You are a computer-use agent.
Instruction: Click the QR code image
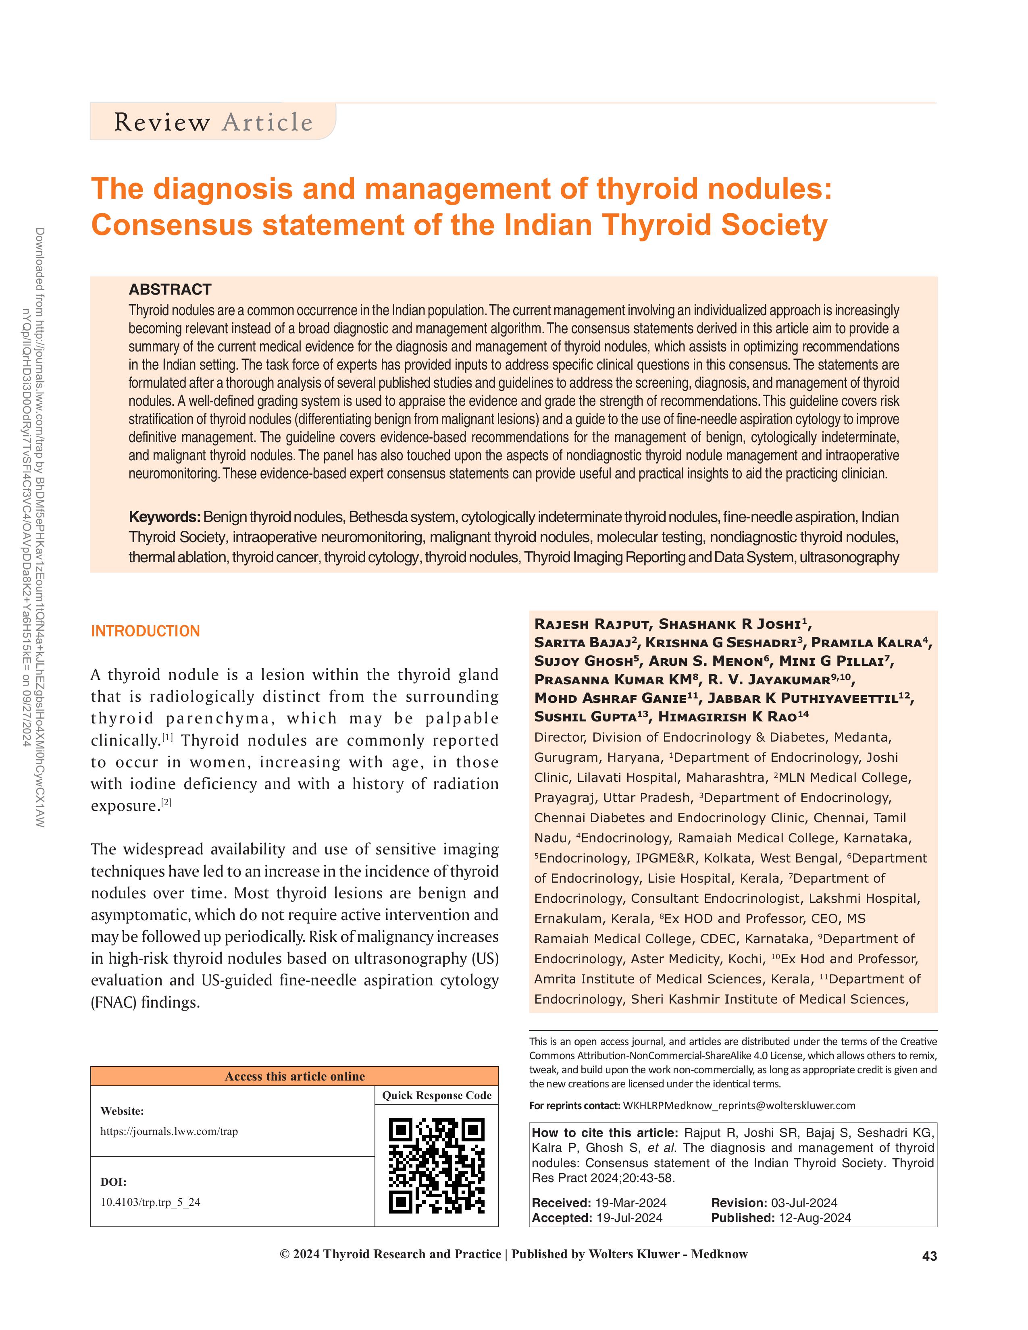click(x=437, y=1166)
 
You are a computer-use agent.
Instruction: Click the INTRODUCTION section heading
click(x=145, y=631)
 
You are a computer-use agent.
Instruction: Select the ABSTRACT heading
click(x=170, y=289)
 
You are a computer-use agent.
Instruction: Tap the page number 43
click(x=929, y=1256)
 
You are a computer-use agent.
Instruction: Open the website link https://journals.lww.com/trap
click(x=169, y=1131)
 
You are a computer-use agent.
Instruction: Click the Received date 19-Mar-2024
click(x=631, y=1203)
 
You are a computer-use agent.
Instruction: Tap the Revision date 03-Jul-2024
click(x=804, y=1203)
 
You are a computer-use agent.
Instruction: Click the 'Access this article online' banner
click(x=295, y=1076)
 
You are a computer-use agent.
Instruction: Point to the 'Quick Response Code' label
click(x=437, y=1095)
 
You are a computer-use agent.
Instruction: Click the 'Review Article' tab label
click(x=213, y=123)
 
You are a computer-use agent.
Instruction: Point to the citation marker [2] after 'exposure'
click(x=166, y=802)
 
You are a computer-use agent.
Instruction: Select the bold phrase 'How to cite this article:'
click(x=604, y=1133)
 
